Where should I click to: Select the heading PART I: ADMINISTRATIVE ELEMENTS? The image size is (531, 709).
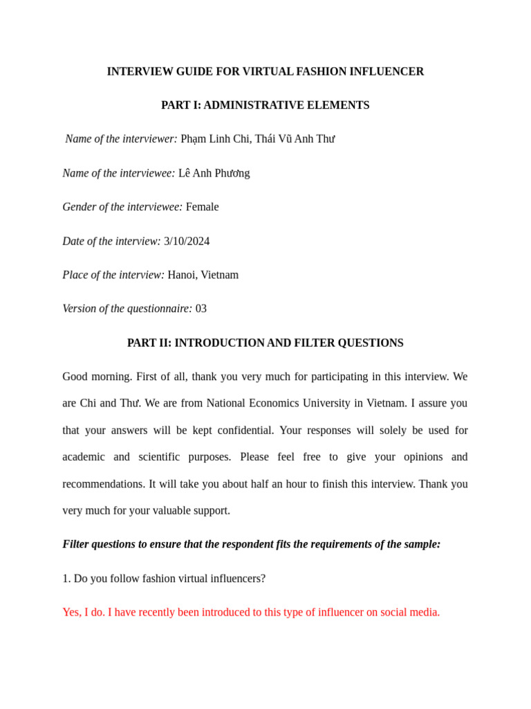pos(265,105)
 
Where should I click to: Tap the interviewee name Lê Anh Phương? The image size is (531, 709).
pos(214,173)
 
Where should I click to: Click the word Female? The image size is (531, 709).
pos(202,207)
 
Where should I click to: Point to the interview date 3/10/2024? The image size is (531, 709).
pos(187,241)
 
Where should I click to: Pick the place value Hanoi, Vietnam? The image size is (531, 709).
pos(203,275)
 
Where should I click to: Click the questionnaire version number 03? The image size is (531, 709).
pos(201,309)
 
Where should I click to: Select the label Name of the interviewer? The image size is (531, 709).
pos(121,139)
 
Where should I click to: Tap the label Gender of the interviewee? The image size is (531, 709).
pos(122,207)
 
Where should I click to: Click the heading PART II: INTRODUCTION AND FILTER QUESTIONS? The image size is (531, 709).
pos(265,343)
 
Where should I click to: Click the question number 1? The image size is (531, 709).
pos(66,578)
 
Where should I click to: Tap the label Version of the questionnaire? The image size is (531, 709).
pos(127,309)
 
